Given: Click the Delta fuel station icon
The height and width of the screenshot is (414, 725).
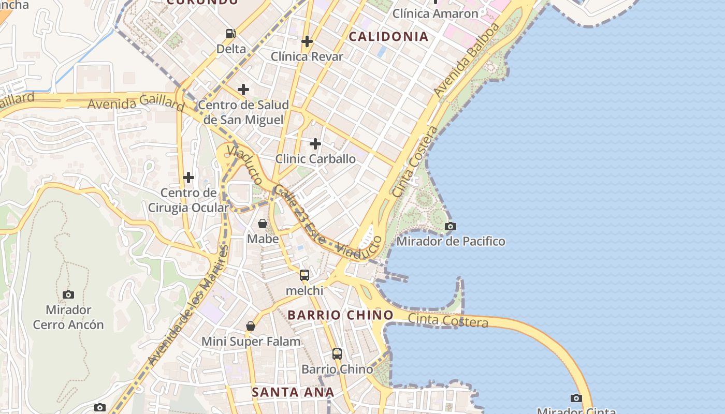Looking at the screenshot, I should (x=230, y=34).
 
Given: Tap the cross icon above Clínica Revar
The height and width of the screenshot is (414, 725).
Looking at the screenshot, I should (x=307, y=41).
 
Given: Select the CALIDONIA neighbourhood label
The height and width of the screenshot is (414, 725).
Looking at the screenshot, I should (x=388, y=36).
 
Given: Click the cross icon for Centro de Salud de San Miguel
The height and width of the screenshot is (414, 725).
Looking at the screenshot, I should (x=243, y=90).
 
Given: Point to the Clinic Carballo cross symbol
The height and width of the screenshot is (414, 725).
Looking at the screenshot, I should (x=315, y=143).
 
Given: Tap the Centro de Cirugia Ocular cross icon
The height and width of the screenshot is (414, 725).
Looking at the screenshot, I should (x=189, y=178).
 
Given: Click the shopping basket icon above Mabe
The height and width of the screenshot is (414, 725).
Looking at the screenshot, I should (x=263, y=224).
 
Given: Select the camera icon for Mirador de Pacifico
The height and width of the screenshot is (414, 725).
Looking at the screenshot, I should (x=451, y=226).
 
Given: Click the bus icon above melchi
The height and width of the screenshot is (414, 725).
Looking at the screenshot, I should (x=304, y=275).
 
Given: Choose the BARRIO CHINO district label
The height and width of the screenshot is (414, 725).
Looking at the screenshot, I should (x=340, y=315).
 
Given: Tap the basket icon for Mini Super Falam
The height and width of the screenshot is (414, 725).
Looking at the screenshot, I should (x=251, y=326).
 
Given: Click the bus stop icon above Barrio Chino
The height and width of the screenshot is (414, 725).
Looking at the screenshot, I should (x=337, y=354).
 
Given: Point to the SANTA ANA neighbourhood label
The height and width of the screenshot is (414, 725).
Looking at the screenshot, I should (x=293, y=392).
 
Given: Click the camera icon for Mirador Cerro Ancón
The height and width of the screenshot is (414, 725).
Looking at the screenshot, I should (x=68, y=294).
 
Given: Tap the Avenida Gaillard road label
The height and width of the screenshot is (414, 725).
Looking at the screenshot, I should (x=136, y=104).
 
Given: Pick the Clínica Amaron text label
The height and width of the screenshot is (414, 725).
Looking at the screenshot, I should (x=435, y=13).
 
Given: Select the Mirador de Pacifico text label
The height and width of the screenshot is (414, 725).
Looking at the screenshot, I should (x=451, y=241).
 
